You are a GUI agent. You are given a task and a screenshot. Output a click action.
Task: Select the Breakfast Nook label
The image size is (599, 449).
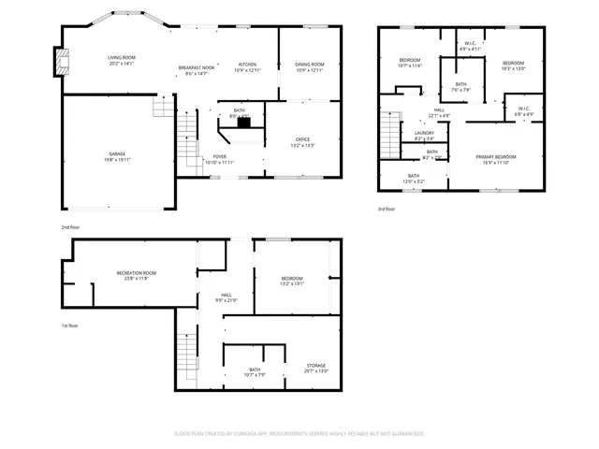197,69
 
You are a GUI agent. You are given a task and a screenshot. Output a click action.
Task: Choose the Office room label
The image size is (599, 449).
303,142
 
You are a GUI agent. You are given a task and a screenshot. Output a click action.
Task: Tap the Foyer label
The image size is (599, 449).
219,159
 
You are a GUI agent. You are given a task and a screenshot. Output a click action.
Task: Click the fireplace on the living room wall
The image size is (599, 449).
64,61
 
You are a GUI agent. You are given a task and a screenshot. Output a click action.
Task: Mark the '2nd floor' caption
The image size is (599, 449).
70,227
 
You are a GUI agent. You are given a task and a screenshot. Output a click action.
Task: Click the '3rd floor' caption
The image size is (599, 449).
387,209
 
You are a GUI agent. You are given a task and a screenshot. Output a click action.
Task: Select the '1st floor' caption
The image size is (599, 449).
70,326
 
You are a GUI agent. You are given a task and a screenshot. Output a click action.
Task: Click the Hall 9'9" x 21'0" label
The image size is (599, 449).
226,297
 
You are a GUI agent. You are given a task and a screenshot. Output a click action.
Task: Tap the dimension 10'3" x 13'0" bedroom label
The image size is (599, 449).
513,65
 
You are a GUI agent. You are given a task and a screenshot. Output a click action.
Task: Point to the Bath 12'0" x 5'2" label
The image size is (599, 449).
413,178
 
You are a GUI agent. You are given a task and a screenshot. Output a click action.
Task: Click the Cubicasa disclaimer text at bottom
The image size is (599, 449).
299,433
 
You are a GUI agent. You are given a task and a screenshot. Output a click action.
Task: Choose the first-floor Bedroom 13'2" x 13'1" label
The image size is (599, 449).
292,281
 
